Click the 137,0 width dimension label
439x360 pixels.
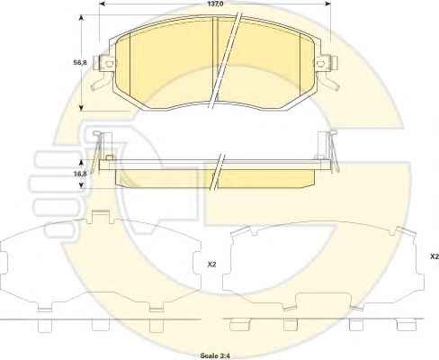(214, 4)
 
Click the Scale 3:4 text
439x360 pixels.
(215, 355)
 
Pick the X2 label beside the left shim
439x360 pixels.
(211, 265)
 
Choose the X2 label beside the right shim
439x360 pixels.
(435, 256)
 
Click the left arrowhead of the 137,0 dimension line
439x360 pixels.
(103, 4)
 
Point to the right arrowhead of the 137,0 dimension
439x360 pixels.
(327, 4)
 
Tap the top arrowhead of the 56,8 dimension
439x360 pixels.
(81, 19)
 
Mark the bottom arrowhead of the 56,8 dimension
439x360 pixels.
(81, 107)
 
